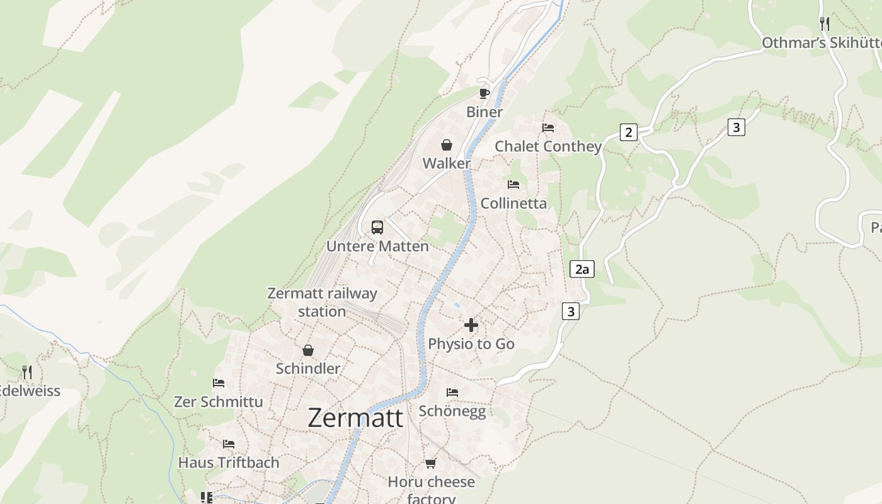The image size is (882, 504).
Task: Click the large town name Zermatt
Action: (355, 418)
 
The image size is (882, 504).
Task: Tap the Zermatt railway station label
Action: (322, 302)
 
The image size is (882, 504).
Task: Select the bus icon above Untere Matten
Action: (377, 227)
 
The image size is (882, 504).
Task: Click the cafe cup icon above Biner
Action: (484, 94)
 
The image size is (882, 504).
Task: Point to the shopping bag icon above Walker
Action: (447, 146)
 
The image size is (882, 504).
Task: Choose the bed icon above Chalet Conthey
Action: (548, 128)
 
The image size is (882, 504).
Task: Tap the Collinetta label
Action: (513, 203)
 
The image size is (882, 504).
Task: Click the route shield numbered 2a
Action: (582, 270)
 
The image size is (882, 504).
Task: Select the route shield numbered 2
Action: (628, 132)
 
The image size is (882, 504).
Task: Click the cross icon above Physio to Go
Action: (471, 325)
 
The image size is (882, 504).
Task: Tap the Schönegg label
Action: (452, 411)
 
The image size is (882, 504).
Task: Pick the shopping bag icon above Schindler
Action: (308, 350)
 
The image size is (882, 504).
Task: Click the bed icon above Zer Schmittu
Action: (219, 383)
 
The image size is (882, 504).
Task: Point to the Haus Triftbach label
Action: (229, 462)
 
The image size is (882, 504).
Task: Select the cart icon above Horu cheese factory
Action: (431, 464)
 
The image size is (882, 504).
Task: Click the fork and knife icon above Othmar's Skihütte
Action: (824, 24)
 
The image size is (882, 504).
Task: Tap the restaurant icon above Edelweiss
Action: (27, 372)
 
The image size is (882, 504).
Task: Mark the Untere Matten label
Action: (377, 246)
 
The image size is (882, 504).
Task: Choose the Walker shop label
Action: (447, 164)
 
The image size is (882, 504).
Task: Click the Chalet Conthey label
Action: (548, 147)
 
